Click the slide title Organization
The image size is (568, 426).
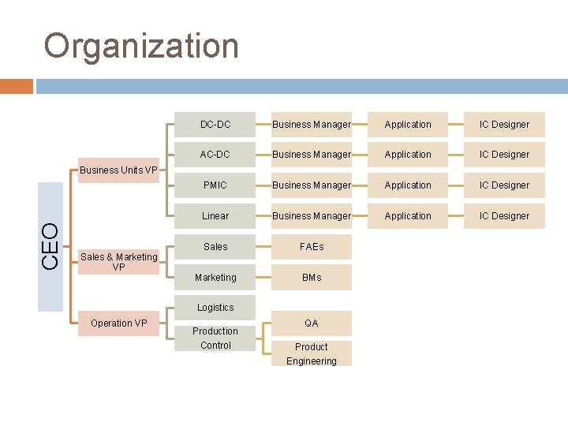coord(141,46)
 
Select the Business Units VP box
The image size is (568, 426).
coord(118,170)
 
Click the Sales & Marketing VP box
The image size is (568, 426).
coord(118,261)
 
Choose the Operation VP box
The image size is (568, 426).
coord(118,323)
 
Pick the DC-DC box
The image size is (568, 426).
coord(215,125)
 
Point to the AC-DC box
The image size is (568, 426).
coord(215,155)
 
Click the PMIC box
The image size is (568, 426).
coord(215,185)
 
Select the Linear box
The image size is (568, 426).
coord(215,216)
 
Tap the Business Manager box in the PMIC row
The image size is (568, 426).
coord(312,185)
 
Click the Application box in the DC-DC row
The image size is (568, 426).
coord(408,125)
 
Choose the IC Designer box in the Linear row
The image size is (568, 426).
coord(504,216)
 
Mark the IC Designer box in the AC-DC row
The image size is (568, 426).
coord(504,155)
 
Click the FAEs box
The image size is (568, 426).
coord(312,247)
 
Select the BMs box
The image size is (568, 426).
coord(312,278)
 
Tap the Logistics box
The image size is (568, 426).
coord(215,308)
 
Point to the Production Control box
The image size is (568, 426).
coord(215,338)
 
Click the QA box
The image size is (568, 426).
coord(312,323)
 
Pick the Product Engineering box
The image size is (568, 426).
coord(312,353)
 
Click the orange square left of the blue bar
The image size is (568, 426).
coord(17,86)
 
